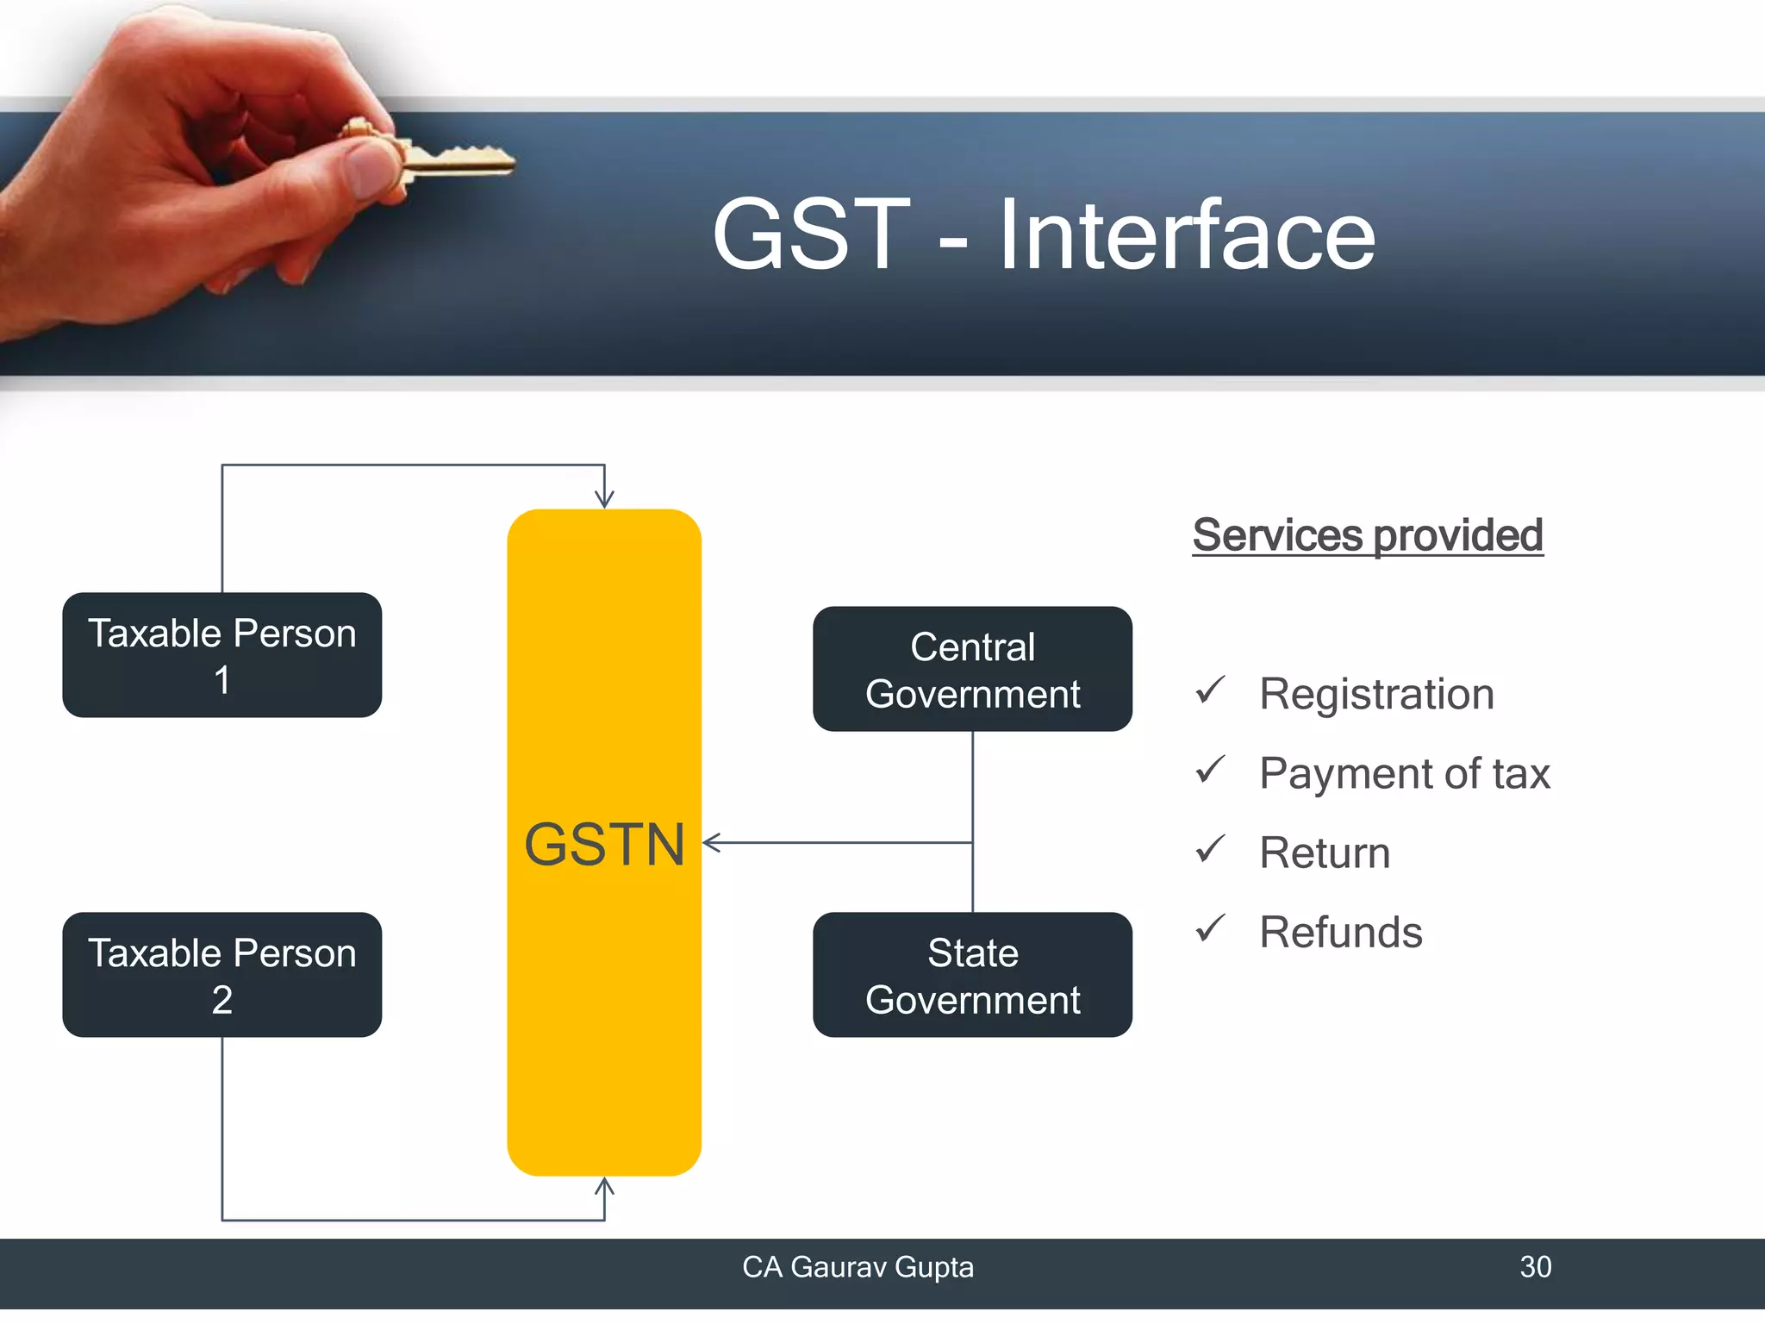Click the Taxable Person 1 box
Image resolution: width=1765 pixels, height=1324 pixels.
[221, 655]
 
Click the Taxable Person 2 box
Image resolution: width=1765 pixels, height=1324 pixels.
[221, 975]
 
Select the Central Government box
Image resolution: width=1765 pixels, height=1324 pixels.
[972, 670]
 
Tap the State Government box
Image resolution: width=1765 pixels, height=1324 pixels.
[972, 975]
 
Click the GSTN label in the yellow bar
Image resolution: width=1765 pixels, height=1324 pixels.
[604, 844]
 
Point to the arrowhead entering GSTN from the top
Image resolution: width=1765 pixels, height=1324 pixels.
[604, 499]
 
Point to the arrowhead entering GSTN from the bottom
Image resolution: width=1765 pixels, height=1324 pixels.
[604, 1187]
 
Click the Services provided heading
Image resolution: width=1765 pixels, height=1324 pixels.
[1367, 535]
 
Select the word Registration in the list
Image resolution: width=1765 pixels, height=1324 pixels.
[1376, 694]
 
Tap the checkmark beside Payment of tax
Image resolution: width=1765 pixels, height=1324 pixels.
[1210, 769]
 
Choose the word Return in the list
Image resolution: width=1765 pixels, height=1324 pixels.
[1325, 852]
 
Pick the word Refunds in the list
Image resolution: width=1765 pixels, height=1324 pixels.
[1340, 932]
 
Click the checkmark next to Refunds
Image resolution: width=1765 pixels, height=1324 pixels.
[1210, 927]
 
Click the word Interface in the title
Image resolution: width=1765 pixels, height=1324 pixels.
[1186, 234]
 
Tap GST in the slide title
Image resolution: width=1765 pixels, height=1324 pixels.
[811, 234]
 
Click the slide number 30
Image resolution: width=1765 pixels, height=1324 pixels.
[1535, 1266]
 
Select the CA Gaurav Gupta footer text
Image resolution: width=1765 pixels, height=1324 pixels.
[858, 1266]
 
